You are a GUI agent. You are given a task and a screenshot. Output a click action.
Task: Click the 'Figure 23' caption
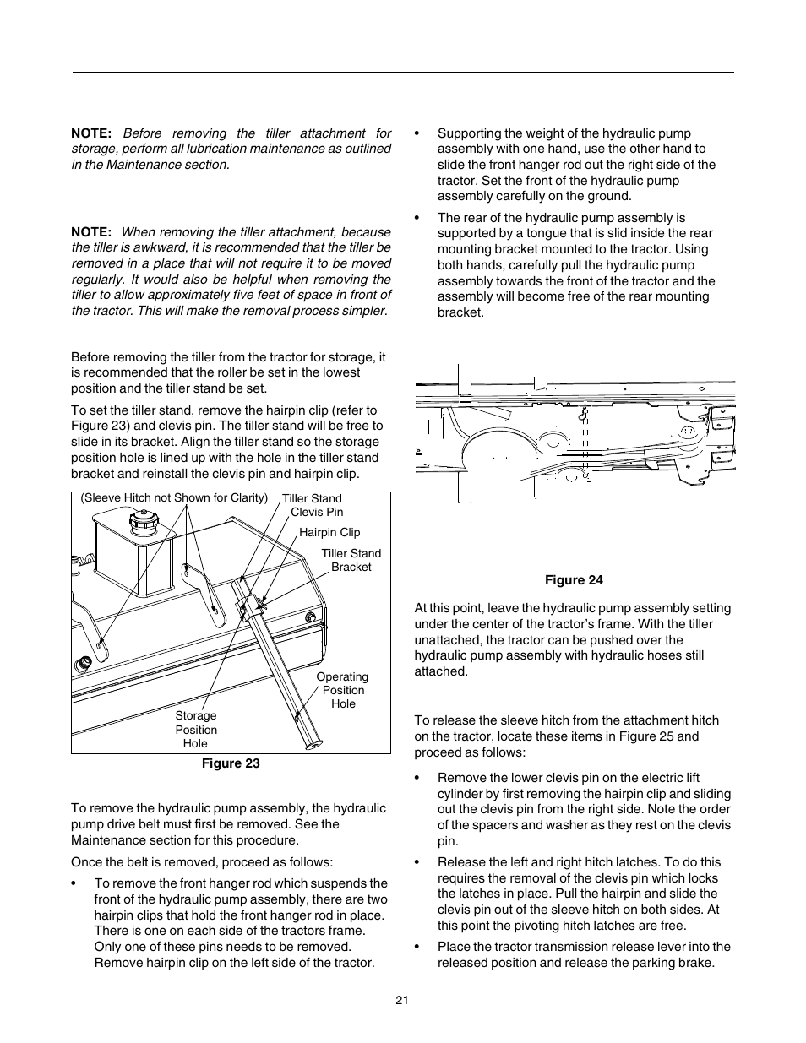[230, 763]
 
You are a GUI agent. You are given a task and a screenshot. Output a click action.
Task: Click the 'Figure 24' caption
[574, 579]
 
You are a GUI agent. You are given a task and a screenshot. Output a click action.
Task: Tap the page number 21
[402, 1000]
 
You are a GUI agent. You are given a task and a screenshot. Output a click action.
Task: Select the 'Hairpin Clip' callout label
[329, 532]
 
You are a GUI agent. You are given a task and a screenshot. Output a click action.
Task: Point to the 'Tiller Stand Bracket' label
[351, 560]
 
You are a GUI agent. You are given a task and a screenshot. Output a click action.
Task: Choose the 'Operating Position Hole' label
[342, 690]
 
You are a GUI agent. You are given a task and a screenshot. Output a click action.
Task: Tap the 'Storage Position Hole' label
[196, 730]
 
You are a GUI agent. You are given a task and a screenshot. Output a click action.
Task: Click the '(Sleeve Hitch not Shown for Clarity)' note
[174, 497]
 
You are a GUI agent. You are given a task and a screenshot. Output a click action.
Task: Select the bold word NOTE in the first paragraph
[91, 133]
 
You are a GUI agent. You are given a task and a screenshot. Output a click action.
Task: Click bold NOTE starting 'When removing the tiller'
[91, 232]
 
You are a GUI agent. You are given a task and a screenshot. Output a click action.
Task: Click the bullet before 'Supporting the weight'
[417, 133]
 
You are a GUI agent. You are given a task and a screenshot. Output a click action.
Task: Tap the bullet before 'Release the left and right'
[417, 862]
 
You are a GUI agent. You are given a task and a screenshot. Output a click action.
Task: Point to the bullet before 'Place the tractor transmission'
[417, 947]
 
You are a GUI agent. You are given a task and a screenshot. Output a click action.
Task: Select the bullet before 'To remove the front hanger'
[74, 883]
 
